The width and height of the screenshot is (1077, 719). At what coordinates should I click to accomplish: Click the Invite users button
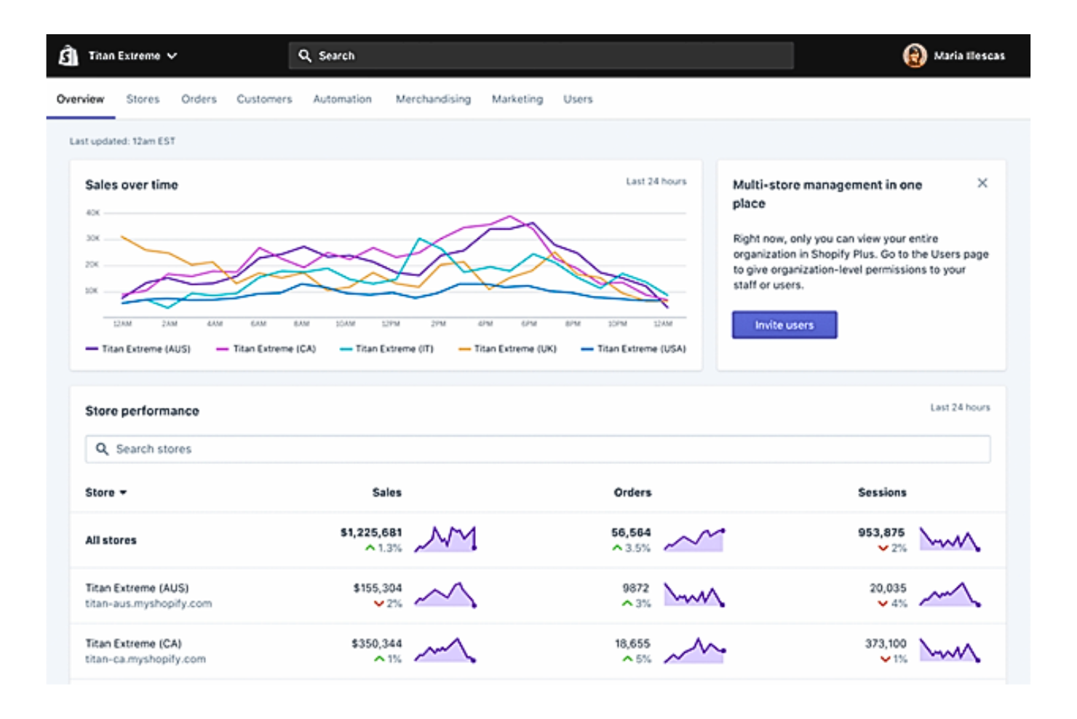[x=784, y=325]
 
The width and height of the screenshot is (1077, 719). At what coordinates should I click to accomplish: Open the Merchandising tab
[x=433, y=99]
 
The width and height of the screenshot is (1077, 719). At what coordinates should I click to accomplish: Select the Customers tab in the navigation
[x=264, y=99]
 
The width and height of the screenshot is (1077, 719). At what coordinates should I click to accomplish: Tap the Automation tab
[x=342, y=99]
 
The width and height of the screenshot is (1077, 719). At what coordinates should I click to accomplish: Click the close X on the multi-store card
[x=982, y=183]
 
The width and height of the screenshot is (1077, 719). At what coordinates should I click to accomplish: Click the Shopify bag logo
[x=68, y=55]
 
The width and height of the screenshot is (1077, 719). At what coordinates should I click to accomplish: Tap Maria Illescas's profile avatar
[x=914, y=55]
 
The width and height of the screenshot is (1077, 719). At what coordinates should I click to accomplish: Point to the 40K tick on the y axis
[x=92, y=213]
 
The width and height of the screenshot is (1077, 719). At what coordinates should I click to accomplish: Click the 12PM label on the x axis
[x=391, y=323]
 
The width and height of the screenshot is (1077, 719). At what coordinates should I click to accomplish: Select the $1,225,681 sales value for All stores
[x=370, y=533]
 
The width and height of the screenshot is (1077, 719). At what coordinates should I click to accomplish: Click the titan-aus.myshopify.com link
[x=148, y=603]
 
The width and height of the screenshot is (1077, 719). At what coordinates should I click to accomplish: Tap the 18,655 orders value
[x=632, y=643]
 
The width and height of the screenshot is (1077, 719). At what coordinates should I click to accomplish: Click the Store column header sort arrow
[x=123, y=493]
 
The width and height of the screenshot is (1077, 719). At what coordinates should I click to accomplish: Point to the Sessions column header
[x=881, y=492]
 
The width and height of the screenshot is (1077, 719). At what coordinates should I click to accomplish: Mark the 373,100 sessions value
[x=885, y=643]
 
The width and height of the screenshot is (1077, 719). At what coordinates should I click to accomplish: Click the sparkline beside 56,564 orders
[x=694, y=540]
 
